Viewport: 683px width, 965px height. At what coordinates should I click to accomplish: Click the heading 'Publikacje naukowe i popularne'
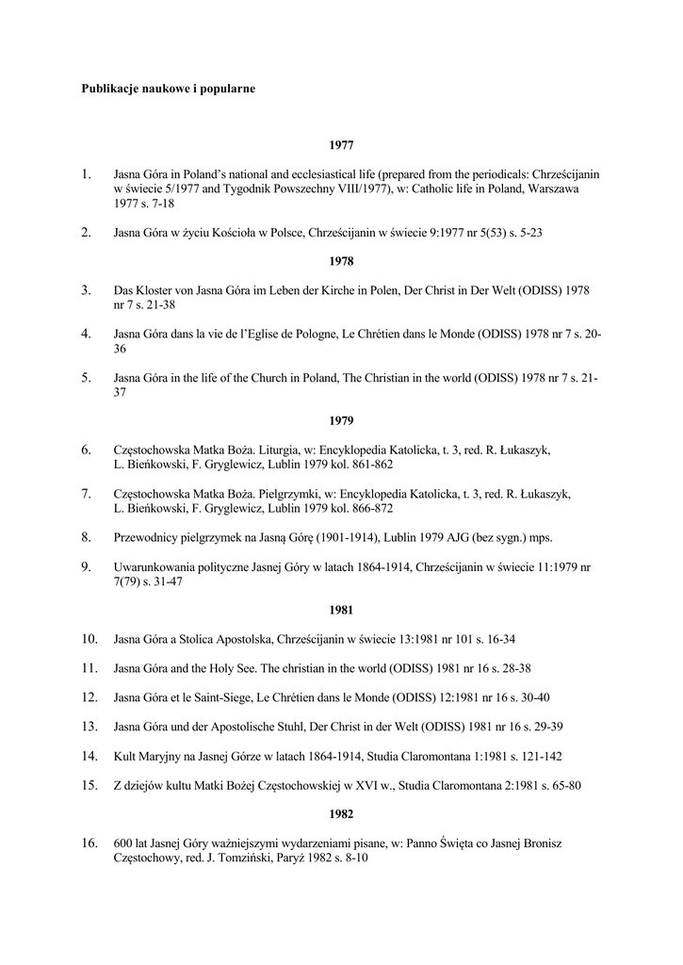[169, 89]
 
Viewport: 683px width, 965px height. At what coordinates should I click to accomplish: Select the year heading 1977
[341, 145]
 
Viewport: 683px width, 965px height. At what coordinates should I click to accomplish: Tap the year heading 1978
[341, 261]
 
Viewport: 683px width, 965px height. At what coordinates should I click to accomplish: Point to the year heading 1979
[341, 420]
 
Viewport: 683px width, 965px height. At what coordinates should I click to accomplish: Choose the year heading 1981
[341, 610]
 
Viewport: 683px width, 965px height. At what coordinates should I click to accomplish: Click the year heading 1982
[341, 813]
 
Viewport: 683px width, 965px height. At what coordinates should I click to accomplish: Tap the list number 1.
[86, 174]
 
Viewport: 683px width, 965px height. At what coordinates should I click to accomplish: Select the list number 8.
[86, 537]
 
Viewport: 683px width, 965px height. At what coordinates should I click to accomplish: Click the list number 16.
[89, 843]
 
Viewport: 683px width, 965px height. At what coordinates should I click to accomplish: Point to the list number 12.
[89, 697]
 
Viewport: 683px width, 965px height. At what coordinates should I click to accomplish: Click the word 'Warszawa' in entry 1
[552, 189]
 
